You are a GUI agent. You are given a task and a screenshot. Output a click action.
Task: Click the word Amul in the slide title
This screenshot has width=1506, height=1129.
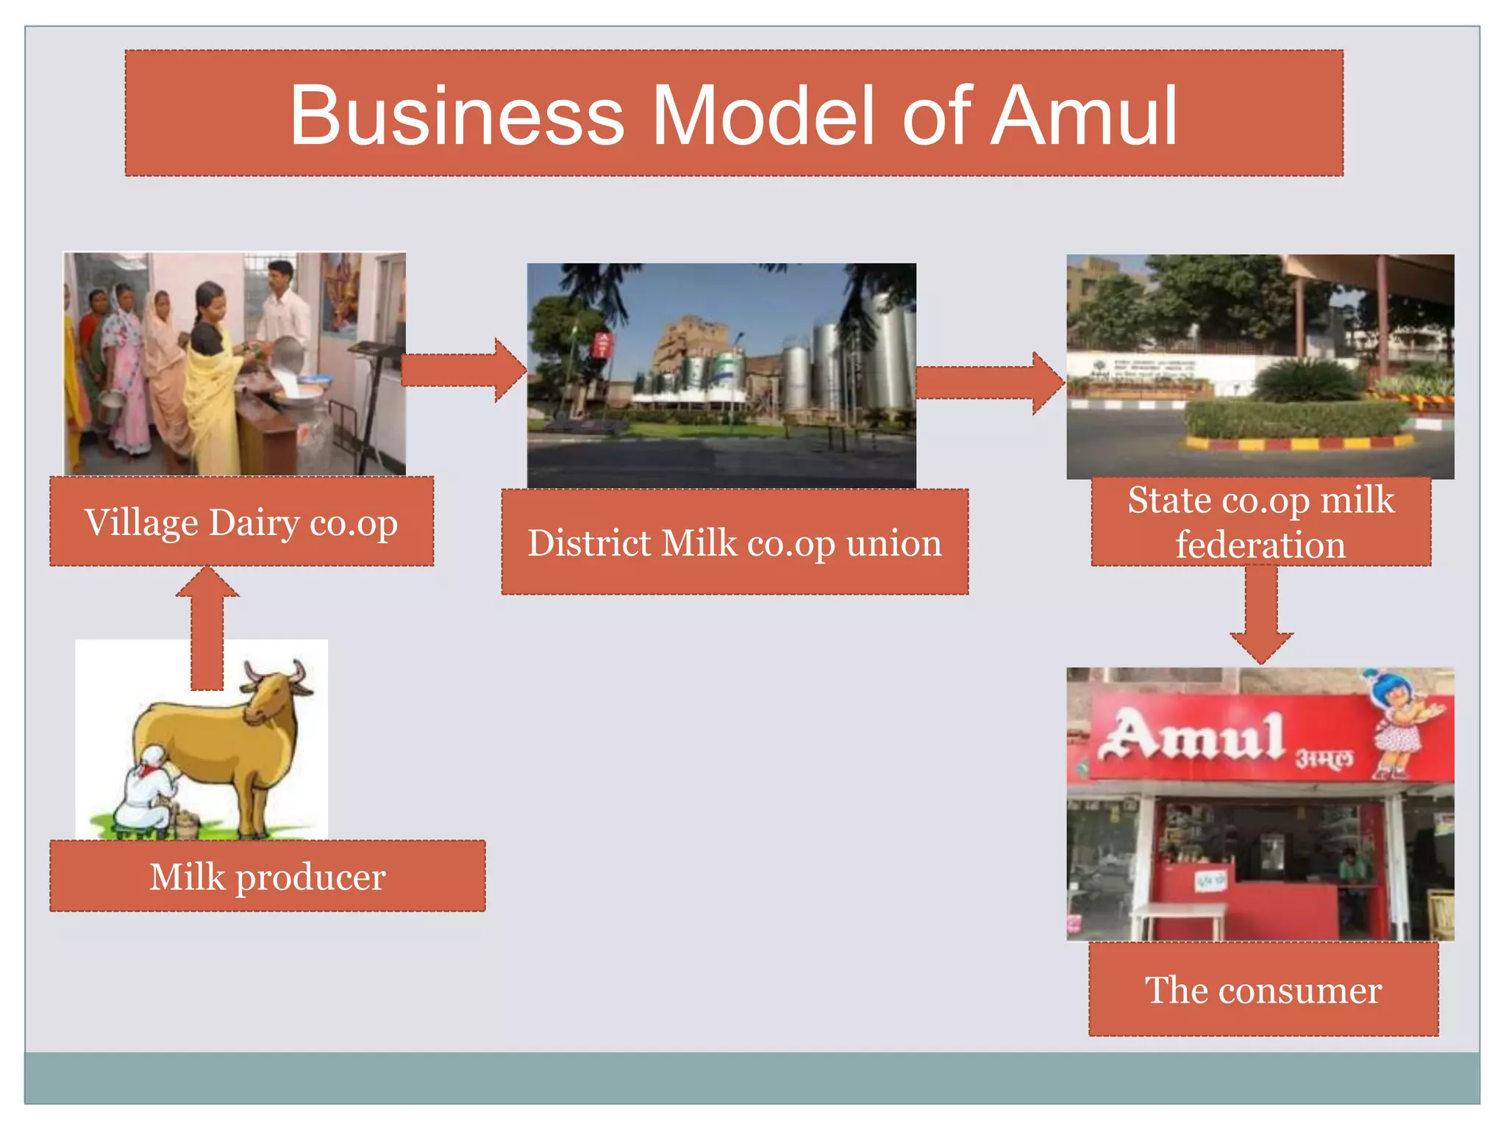click(x=1084, y=116)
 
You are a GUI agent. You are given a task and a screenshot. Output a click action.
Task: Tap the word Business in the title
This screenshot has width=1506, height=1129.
click(x=457, y=116)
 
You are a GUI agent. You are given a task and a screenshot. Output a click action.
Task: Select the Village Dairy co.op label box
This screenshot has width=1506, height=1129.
click(x=241, y=522)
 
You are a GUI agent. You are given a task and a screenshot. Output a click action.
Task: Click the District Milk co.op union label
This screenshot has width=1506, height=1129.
click(x=735, y=542)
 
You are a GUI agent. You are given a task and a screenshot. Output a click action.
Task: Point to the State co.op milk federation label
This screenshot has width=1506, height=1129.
click(x=1260, y=522)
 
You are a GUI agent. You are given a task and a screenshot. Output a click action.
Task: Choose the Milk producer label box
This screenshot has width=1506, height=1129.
click(x=268, y=876)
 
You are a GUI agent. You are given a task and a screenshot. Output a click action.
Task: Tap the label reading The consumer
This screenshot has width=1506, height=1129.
click(x=1263, y=989)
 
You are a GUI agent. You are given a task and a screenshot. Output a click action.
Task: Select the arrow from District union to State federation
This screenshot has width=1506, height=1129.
click(x=990, y=382)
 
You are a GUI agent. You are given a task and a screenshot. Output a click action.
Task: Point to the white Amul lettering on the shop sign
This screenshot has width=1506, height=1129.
click(x=1191, y=735)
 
